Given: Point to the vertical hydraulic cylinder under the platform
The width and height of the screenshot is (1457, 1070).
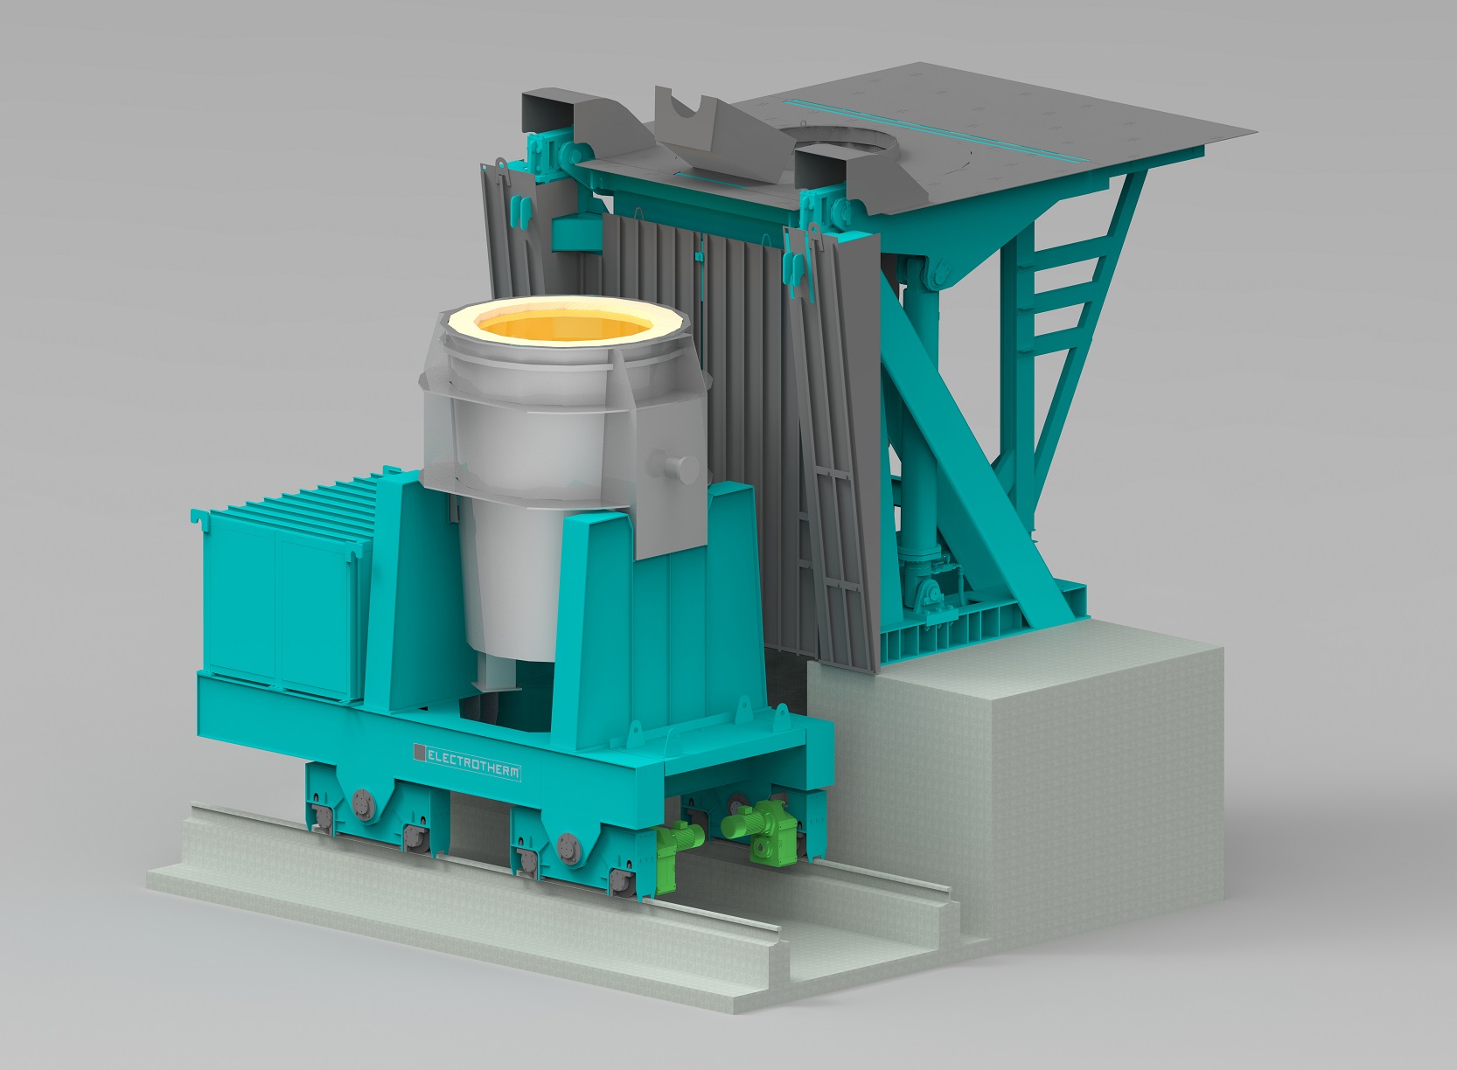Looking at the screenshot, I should (x=918, y=393).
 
